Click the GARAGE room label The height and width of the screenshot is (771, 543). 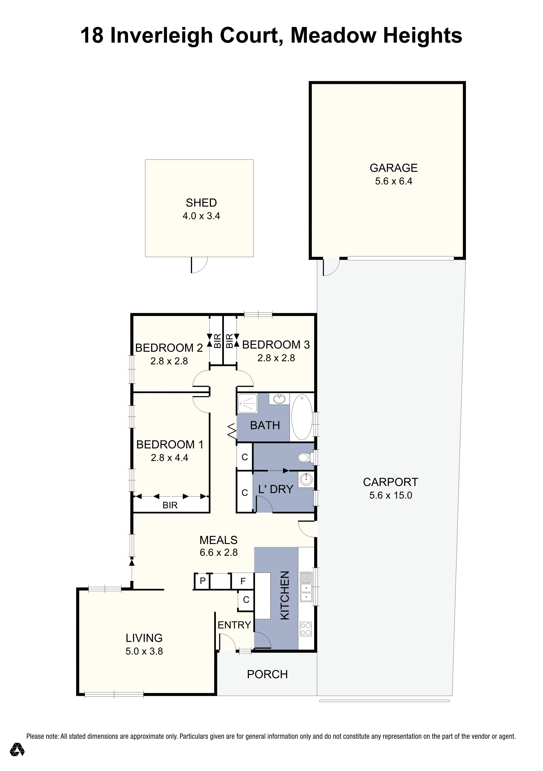pyautogui.click(x=394, y=168)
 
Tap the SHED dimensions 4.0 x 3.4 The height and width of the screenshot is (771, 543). pyautogui.click(x=201, y=216)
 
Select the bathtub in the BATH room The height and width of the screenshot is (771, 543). pyautogui.click(x=302, y=417)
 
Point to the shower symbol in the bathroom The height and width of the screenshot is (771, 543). pyautogui.click(x=247, y=403)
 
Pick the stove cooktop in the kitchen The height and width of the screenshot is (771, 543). pyautogui.click(x=306, y=629)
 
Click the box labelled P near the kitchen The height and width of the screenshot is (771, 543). pyautogui.click(x=202, y=581)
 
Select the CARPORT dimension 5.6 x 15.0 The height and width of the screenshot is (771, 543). pyautogui.click(x=391, y=495)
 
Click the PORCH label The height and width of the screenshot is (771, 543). pyautogui.click(x=267, y=674)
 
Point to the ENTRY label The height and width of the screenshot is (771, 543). pyautogui.click(x=234, y=625)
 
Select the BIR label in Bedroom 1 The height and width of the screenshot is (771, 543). pyautogui.click(x=170, y=505)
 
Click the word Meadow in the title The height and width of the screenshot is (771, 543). pyautogui.click(x=333, y=36)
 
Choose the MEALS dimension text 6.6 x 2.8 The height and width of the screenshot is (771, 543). pyautogui.click(x=219, y=552)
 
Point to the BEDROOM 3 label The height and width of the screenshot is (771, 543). pyautogui.click(x=276, y=344)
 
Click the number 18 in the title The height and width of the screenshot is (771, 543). pyautogui.click(x=92, y=36)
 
